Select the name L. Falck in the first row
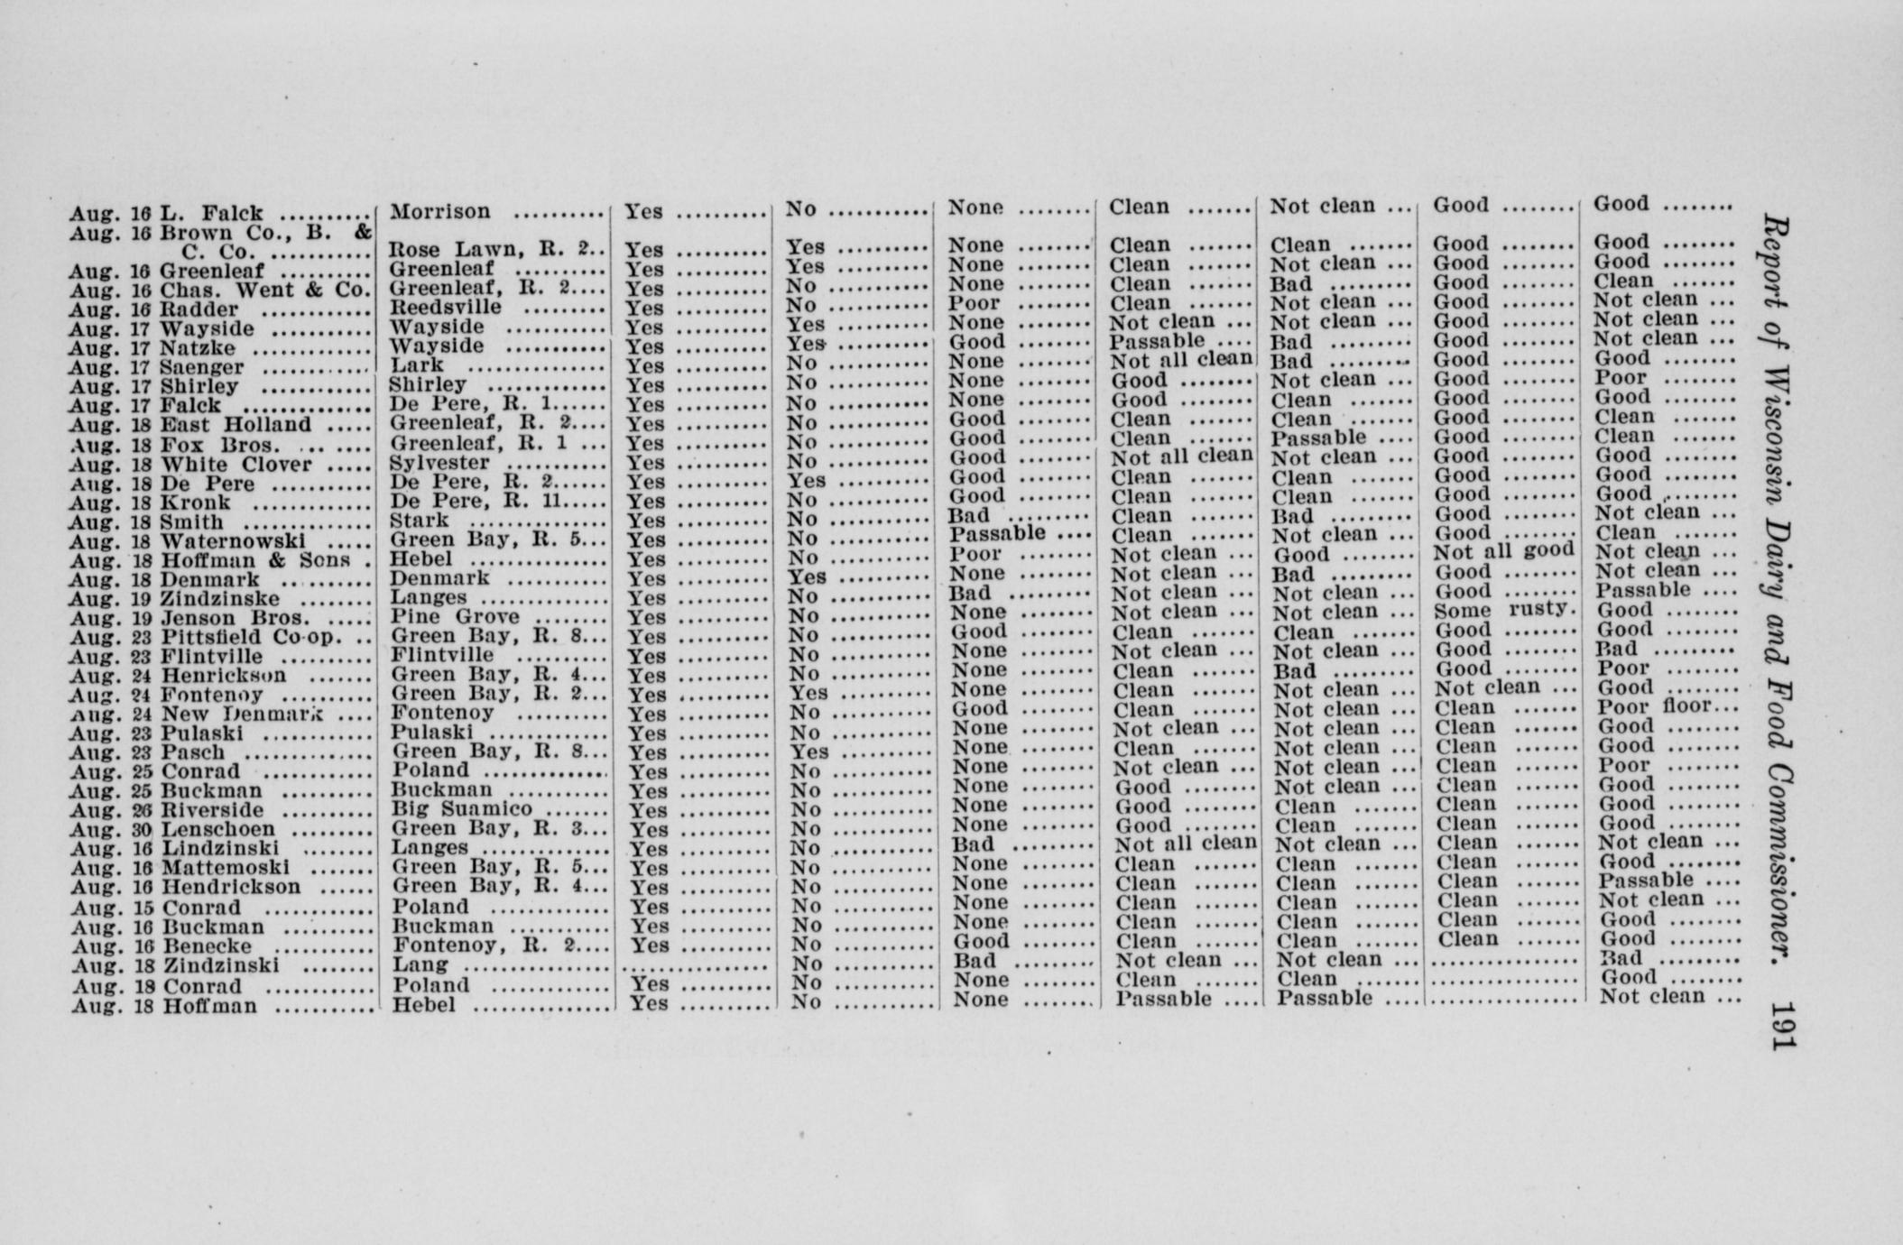coord(211,214)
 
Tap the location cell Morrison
coord(439,212)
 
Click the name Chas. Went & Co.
coord(265,290)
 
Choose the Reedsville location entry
coord(445,308)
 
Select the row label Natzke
coord(198,348)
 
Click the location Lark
coord(416,365)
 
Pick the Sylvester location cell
coord(439,464)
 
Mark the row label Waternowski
coord(233,542)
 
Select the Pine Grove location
coord(454,617)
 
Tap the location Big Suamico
coord(461,808)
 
